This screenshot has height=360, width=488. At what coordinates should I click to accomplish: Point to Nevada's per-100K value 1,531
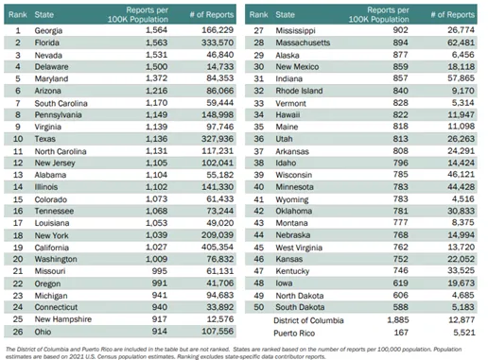(x=149, y=57)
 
